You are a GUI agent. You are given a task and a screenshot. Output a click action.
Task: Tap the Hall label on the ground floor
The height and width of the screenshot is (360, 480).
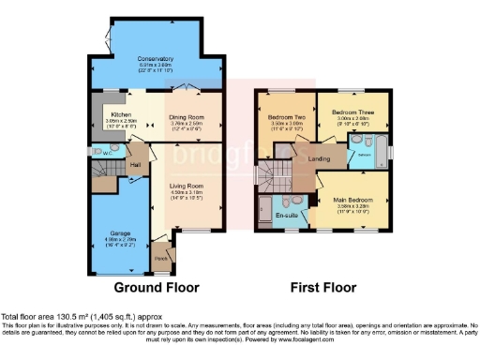click(135, 164)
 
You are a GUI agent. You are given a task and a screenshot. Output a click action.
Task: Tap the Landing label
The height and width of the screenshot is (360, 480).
click(319, 159)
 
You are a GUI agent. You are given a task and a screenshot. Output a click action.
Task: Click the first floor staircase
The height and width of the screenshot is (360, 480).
click(273, 174)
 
